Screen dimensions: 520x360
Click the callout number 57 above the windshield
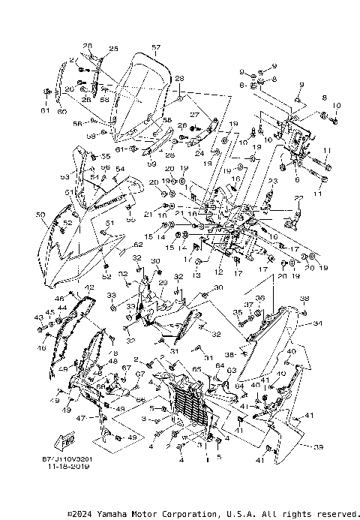click(155, 47)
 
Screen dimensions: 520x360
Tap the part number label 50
click(40, 215)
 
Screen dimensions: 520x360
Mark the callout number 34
click(318, 324)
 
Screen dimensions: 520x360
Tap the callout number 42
click(88, 287)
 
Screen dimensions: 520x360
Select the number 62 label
click(138, 245)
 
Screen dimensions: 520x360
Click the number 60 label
click(61, 112)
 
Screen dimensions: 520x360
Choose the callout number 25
click(114, 49)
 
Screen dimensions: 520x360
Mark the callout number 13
click(197, 275)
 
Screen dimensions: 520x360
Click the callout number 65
click(197, 370)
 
